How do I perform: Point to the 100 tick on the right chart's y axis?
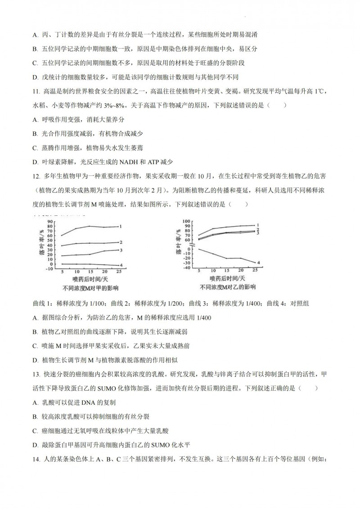click(x=185, y=222)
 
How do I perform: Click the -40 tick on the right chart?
click(x=186, y=268)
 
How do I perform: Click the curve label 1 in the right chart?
click(x=258, y=225)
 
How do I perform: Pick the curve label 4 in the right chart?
click(x=258, y=263)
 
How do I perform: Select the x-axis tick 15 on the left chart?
click(x=91, y=272)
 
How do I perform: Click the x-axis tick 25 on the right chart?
click(x=254, y=270)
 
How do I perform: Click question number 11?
click(x=36, y=92)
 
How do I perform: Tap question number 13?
click(x=36, y=375)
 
